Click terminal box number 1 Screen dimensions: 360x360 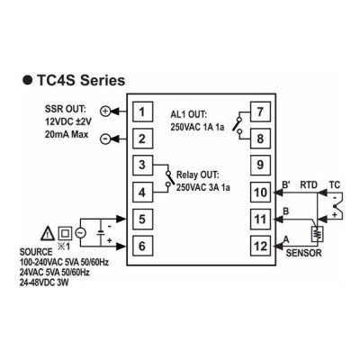[143, 112]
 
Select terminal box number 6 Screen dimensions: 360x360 [143, 246]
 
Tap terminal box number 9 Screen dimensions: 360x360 [260, 166]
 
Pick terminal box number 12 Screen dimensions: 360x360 [260, 246]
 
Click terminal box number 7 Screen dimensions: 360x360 [260, 112]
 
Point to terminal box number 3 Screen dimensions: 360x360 [143, 166]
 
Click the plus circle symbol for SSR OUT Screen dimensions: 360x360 [105, 112]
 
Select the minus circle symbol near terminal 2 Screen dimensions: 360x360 [105, 139]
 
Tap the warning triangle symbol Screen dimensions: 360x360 [48, 233]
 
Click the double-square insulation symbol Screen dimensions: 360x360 [65, 233]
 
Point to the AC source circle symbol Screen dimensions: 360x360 [79, 233]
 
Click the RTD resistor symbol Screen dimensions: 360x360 [317, 233]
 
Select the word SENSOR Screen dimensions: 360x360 [303, 253]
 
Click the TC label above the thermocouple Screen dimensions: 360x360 [335, 184]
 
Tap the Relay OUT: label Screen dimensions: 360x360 [198, 175]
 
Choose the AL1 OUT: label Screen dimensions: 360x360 [189, 114]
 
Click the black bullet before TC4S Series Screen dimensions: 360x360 [27, 81]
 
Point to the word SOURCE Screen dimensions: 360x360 [36, 252]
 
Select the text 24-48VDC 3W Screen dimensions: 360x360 [44, 283]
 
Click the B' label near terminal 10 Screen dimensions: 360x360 [286, 184]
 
